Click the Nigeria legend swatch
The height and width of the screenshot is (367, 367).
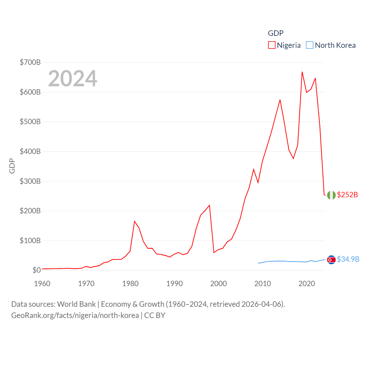[x=272, y=45]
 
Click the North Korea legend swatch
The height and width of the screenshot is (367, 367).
[x=310, y=45]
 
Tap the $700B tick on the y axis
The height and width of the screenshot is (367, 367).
[x=30, y=62]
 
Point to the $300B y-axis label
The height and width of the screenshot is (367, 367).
[x=30, y=181]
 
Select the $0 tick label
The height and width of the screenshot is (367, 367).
[x=36, y=270]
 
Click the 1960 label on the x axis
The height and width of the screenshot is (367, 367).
[x=42, y=284]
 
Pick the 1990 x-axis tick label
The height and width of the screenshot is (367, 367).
[x=174, y=284]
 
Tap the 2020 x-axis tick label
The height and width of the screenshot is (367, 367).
[x=307, y=284]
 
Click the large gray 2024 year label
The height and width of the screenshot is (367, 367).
[x=73, y=79]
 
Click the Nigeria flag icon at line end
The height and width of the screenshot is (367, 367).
[x=331, y=195]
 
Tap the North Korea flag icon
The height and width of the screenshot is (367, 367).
[x=331, y=260]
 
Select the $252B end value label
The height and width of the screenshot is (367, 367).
[x=348, y=195]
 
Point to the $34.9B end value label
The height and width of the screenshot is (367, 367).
[x=348, y=259]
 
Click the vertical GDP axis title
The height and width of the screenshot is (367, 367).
[x=12, y=166]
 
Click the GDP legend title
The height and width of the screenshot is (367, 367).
[x=276, y=33]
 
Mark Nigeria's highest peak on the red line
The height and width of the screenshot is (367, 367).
[x=302, y=72]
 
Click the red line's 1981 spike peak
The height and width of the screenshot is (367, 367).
[x=134, y=221]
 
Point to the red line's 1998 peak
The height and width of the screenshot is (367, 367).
[x=210, y=205]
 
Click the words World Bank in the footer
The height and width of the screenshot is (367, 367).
[x=76, y=304]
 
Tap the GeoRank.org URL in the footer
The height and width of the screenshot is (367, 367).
[x=75, y=315]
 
